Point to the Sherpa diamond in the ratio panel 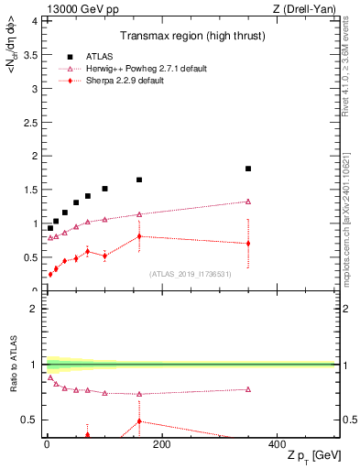[139, 421]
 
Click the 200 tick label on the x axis [161, 445]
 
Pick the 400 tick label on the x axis [277, 445]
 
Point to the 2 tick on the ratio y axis [32, 309]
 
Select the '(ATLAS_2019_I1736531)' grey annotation [191, 274]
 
